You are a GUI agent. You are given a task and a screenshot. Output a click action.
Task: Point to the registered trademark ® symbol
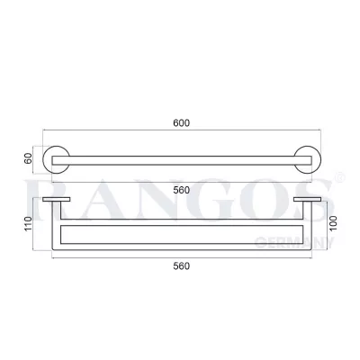(340, 184)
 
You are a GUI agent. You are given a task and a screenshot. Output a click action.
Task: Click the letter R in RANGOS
(52, 205)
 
